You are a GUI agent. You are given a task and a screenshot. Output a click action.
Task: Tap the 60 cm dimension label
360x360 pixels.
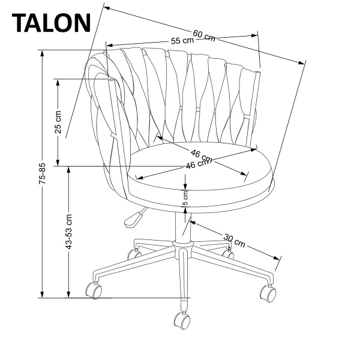pos(203,35)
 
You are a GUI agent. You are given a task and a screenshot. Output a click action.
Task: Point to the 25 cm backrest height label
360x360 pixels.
pos(58,122)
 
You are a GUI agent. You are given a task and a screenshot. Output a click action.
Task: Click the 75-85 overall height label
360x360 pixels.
pos(43,173)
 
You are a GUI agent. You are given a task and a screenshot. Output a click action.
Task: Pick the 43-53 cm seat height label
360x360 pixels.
pos(70,231)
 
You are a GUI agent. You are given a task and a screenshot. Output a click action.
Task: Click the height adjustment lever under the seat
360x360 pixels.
pos(134,219)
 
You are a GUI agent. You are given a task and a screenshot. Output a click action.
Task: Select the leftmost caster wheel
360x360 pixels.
pos(94,290)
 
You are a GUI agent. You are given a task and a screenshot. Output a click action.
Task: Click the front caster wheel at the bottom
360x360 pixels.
pos(182,320)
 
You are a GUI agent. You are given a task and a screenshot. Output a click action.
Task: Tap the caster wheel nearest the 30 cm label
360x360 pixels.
pos(228,253)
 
